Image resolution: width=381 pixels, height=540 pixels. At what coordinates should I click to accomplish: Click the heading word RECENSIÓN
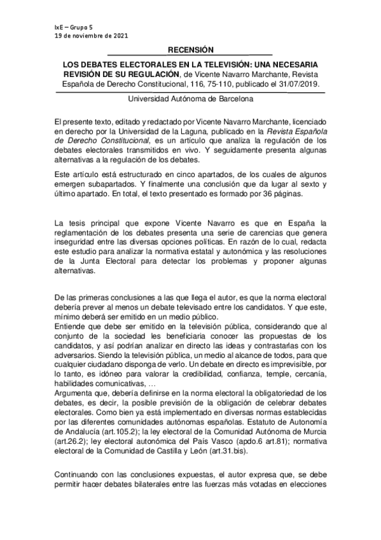tap(191, 50)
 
